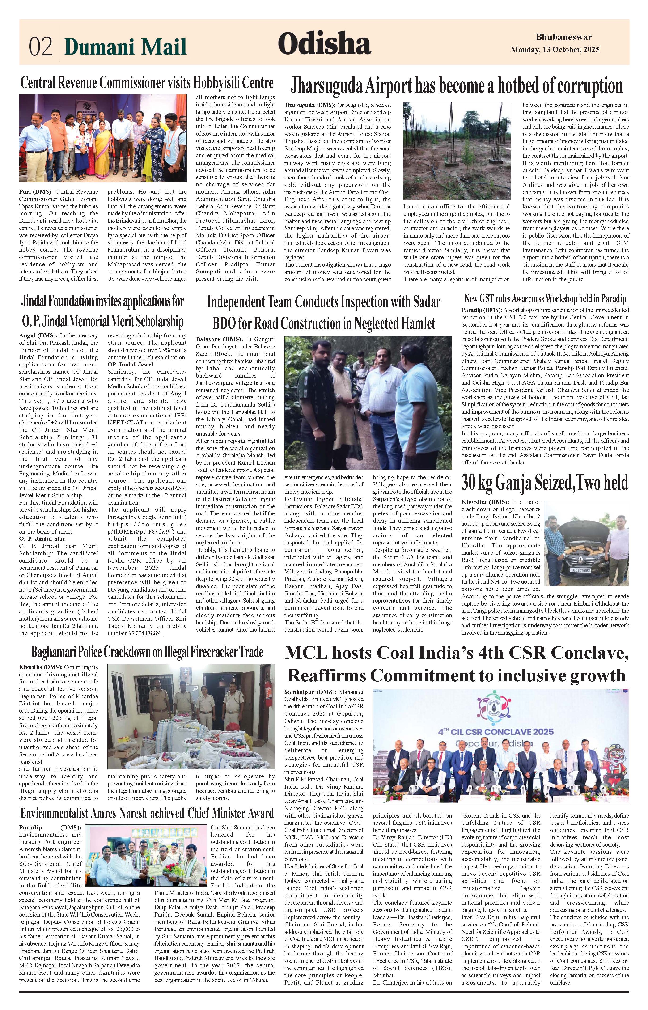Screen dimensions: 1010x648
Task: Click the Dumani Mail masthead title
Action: click(125, 46)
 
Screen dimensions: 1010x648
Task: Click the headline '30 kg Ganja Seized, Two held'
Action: click(545, 483)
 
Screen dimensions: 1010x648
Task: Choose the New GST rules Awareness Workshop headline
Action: click(545, 299)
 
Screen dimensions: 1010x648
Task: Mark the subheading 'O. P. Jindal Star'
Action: click(42, 539)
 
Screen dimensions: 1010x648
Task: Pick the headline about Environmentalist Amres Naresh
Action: click(147, 813)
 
